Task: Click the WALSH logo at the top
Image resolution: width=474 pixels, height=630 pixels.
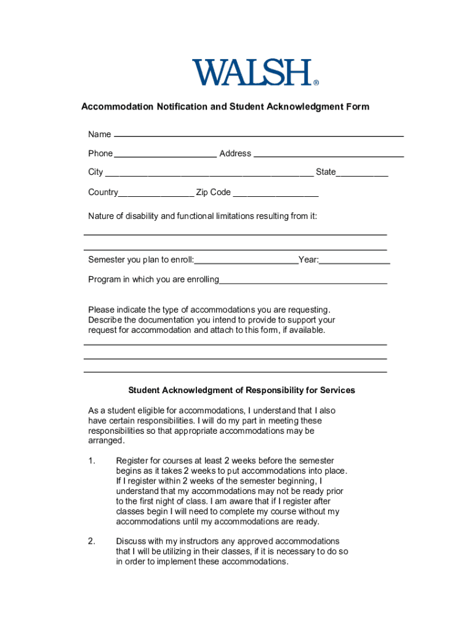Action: [x=252, y=73]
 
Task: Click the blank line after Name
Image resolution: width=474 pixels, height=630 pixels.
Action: [x=259, y=134]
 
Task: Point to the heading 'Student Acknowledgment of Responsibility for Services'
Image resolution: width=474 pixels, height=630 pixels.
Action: [x=241, y=390]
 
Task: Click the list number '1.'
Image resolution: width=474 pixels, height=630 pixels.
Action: [x=92, y=461]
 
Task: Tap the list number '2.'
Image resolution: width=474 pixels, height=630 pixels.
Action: [x=92, y=541]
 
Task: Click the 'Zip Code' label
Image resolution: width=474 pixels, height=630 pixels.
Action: [x=213, y=192]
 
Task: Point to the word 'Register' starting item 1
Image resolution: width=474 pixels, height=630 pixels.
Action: [x=133, y=461]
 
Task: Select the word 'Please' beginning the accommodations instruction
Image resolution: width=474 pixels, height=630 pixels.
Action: [x=101, y=309]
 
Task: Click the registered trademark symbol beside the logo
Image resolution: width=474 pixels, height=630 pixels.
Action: [x=316, y=82]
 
